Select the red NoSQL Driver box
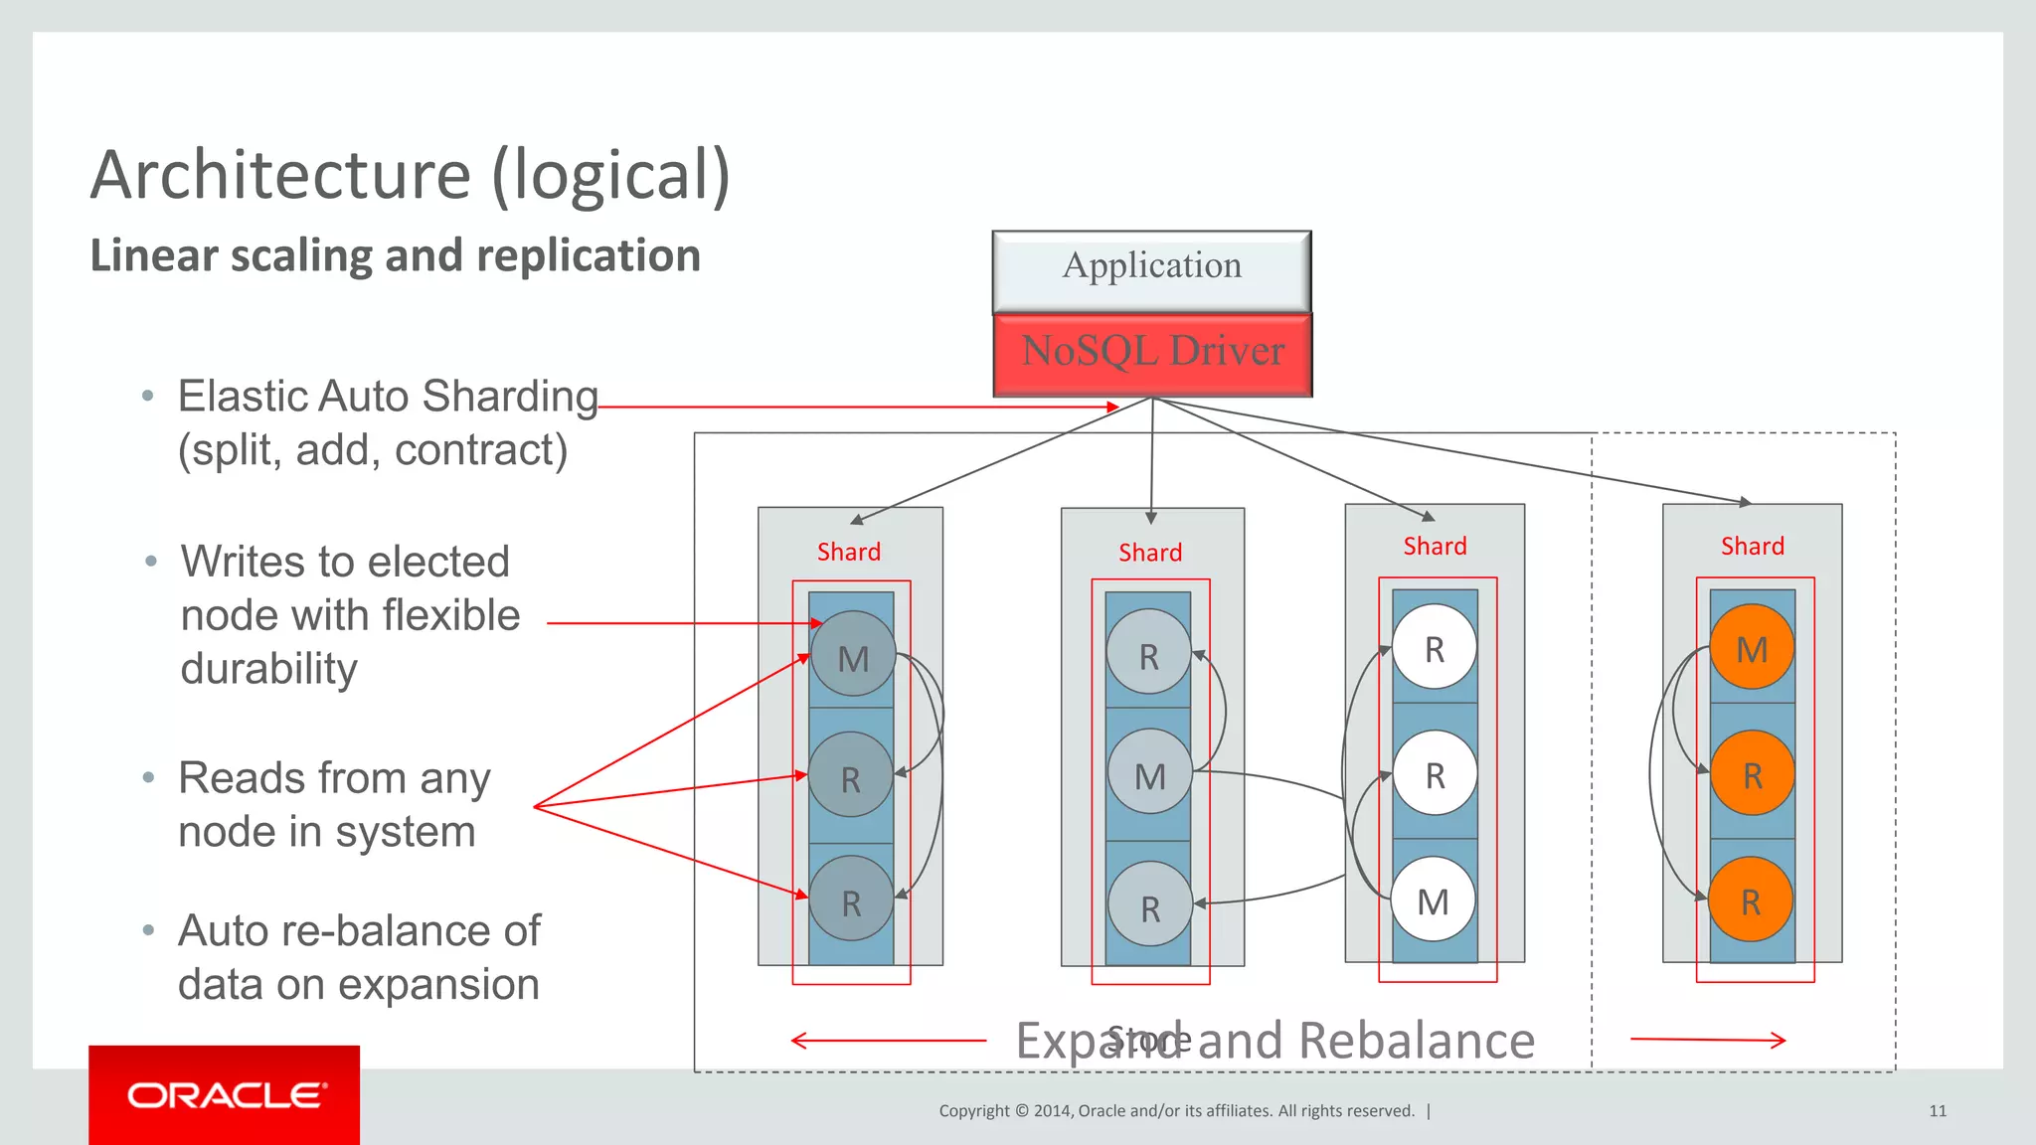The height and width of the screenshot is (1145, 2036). [x=1152, y=354]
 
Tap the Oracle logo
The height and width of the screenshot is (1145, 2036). [x=226, y=1095]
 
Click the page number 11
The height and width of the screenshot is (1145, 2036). [x=1937, y=1111]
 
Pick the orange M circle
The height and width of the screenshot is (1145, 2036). [x=1752, y=648]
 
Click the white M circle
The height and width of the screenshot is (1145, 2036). [x=1433, y=900]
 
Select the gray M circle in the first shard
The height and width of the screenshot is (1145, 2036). [x=853, y=657]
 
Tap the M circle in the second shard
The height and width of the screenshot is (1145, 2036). [x=1149, y=774]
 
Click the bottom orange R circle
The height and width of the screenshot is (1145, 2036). [x=1751, y=900]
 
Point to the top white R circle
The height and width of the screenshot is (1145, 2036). [x=1434, y=648]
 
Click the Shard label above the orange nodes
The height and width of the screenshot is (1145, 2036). [x=1752, y=546]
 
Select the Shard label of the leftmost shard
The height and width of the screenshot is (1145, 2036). [x=848, y=552]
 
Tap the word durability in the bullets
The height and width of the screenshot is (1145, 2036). [x=268, y=669]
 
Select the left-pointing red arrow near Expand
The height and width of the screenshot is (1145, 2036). [x=888, y=1041]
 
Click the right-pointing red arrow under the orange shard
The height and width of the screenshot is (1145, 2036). [x=1708, y=1040]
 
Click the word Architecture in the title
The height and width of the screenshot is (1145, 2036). [x=280, y=175]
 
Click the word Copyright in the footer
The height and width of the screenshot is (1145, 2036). [x=973, y=1111]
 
